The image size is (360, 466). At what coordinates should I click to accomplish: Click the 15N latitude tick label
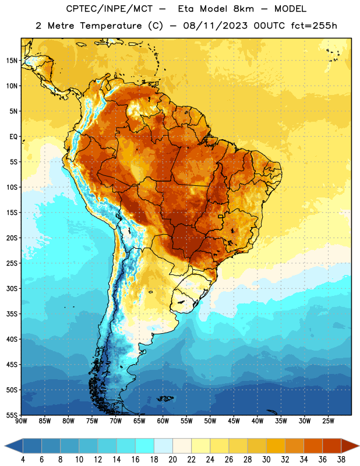pyautogui.click(x=12, y=61)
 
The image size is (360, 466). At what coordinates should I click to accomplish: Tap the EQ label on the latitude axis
pyautogui.click(x=13, y=137)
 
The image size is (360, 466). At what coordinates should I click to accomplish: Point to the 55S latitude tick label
pyautogui.click(x=12, y=415)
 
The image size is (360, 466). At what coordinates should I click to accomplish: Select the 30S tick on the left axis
pyautogui.click(x=12, y=288)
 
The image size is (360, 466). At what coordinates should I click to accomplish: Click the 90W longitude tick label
pyautogui.click(x=21, y=421)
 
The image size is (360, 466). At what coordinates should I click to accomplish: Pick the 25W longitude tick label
pyautogui.click(x=328, y=421)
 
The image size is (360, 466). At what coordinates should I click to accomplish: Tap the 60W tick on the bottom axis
pyautogui.click(x=163, y=421)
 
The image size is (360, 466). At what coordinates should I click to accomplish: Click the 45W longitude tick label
pyautogui.click(x=234, y=421)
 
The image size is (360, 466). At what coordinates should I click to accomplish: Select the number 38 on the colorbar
pyautogui.click(x=341, y=460)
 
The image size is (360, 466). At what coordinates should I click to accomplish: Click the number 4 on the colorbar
pyautogui.click(x=23, y=460)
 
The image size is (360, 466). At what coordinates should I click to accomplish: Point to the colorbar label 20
pyautogui.click(x=172, y=460)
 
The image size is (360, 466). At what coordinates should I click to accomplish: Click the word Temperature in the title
pyautogui.click(x=111, y=26)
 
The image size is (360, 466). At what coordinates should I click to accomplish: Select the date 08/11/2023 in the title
pyautogui.click(x=215, y=26)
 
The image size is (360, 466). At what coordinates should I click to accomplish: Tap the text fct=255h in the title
pyautogui.click(x=314, y=26)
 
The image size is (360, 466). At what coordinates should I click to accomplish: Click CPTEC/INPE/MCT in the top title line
pyautogui.click(x=109, y=9)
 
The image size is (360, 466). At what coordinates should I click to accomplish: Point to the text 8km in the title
pyautogui.click(x=243, y=9)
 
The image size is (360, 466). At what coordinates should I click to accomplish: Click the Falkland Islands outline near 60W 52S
pyautogui.click(x=165, y=398)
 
